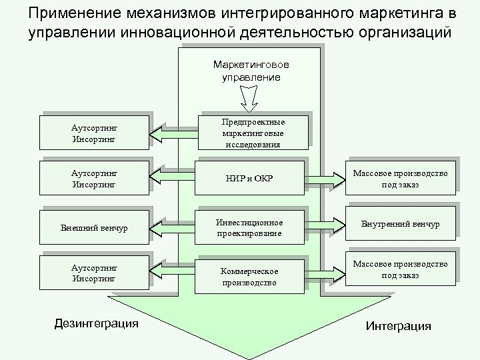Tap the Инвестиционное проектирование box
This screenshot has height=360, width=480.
249,227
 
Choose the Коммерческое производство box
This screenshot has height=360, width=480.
249,276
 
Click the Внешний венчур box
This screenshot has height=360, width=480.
93,228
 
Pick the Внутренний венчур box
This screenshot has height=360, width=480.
400,224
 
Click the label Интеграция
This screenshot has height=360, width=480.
399,326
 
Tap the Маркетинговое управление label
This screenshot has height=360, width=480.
251,71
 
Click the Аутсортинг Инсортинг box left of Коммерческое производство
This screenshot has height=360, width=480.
93,273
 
